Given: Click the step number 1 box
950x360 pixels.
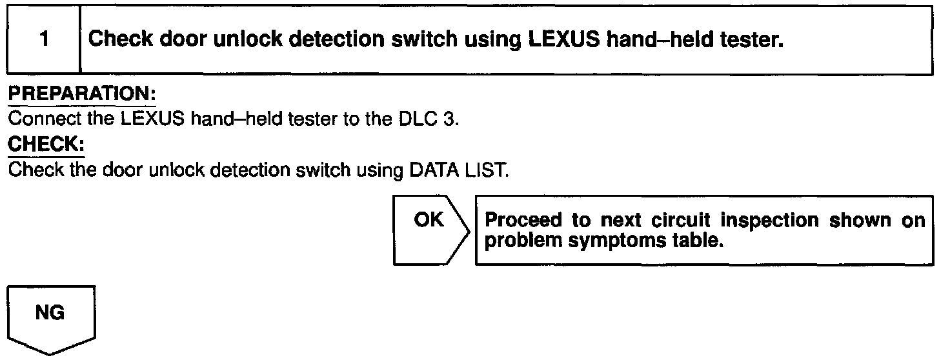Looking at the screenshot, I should (43, 39).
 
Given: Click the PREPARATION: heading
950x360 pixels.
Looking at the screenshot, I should (81, 95).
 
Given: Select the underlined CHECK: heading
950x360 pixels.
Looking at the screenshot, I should (46, 145).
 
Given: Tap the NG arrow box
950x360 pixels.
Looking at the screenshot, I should (51, 318).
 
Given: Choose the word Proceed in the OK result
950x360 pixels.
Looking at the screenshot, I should (521, 220).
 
